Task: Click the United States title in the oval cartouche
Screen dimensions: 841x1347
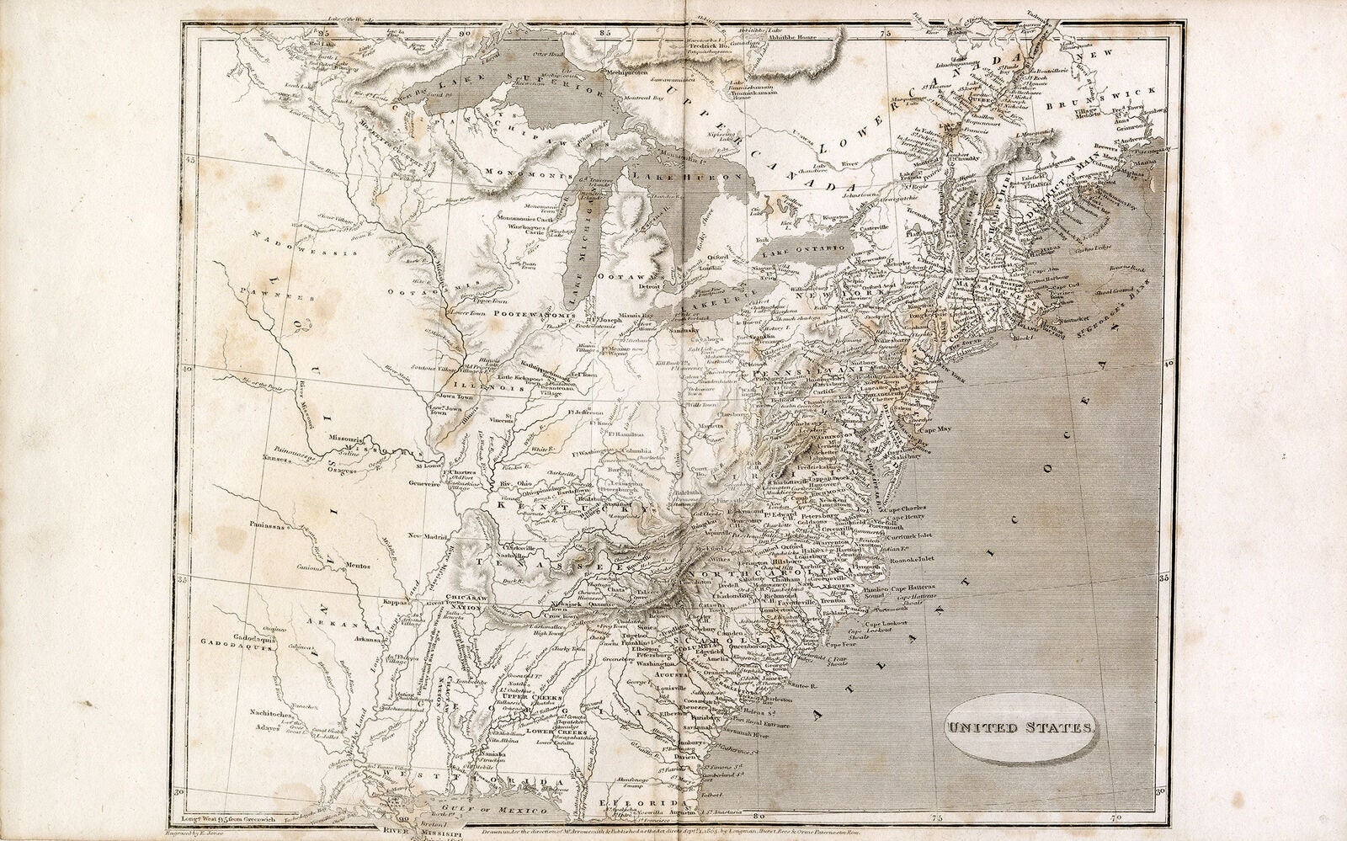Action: point(1018,727)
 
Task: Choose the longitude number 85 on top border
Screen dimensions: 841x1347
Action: point(604,33)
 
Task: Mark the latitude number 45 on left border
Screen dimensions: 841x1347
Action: point(190,159)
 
